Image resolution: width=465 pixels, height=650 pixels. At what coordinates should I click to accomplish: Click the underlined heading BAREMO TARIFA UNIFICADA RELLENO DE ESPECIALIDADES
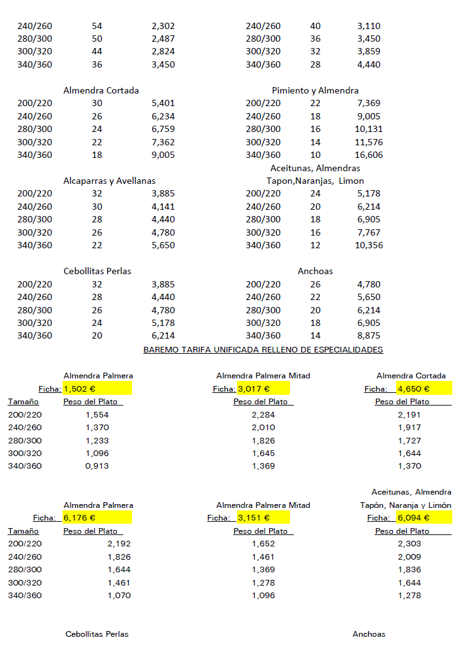263,349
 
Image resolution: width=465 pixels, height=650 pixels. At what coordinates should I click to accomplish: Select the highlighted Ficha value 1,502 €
97,389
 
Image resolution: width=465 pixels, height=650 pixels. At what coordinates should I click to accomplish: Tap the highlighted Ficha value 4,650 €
424,389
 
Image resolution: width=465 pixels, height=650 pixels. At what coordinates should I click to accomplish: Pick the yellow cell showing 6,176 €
97,518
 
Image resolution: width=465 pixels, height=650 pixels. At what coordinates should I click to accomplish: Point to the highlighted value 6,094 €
424,518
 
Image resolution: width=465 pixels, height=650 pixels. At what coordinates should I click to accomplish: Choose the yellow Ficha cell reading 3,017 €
263,389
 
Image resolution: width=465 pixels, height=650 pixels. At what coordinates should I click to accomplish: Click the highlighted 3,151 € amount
263,518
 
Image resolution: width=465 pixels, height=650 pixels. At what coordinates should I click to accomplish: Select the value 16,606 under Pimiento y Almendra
369,155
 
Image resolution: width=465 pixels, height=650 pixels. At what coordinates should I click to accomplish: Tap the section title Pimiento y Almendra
315,90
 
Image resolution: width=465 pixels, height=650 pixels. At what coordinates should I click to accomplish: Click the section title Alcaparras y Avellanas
109,181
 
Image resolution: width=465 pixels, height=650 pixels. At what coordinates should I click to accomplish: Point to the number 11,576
369,142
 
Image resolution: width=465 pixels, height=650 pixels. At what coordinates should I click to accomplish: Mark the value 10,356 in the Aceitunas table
369,245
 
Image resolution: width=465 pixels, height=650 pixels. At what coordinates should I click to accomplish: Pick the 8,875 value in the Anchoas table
369,335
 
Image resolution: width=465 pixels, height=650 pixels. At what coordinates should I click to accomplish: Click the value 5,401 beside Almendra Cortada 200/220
163,103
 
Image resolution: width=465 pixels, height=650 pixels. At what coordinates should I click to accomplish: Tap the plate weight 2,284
263,415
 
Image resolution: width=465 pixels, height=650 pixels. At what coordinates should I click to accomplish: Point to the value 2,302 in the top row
163,26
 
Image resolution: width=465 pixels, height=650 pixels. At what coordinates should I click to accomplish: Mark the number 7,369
369,103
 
